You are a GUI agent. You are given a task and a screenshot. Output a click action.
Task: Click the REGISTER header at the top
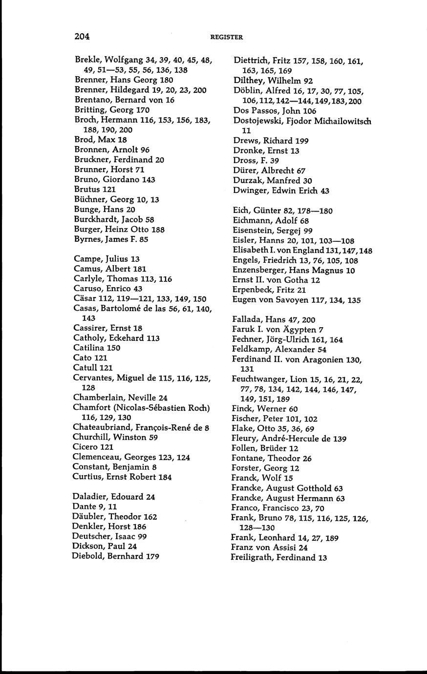click(x=226, y=37)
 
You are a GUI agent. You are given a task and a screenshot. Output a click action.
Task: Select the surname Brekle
click(x=87, y=60)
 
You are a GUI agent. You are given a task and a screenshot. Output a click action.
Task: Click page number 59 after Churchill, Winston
click(x=153, y=438)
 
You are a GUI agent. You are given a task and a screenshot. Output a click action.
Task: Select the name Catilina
click(x=89, y=348)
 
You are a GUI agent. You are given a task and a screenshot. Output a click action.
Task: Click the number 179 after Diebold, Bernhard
click(x=152, y=556)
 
